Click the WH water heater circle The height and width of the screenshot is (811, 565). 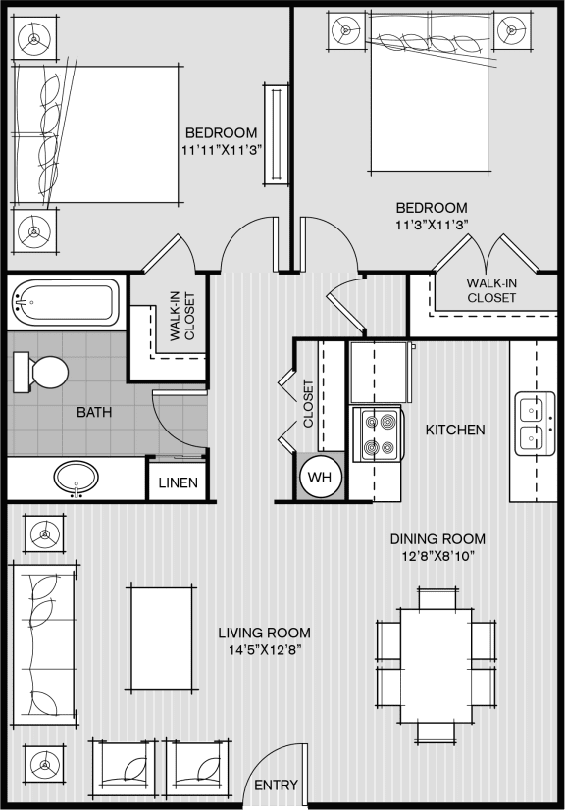[x=321, y=477]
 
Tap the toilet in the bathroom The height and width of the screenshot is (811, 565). [x=40, y=372]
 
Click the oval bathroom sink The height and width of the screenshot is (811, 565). [x=77, y=477]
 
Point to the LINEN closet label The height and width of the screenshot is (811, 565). [x=178, y=483]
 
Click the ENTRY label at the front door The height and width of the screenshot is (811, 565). [x=276, y=786]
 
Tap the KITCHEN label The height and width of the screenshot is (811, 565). [x=455, y=430]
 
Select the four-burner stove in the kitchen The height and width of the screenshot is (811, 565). [x=377, y=434]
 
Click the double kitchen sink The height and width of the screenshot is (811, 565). [x=535, y=424]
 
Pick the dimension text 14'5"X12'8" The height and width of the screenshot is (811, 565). [x=266, y=649]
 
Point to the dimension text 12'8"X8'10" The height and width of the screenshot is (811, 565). [x=437, y=556]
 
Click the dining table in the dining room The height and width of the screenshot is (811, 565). [x=436, y=666]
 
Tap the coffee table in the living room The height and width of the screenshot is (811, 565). [x=162, y=638]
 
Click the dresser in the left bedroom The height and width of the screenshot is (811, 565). [x=276, y=134]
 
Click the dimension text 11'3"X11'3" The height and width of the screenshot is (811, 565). [x=432, y=224]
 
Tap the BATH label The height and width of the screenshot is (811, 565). [x=93, y=412]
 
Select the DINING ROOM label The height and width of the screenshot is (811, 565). [x=437, y=539]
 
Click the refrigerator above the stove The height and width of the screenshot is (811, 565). [x=381, y=372]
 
